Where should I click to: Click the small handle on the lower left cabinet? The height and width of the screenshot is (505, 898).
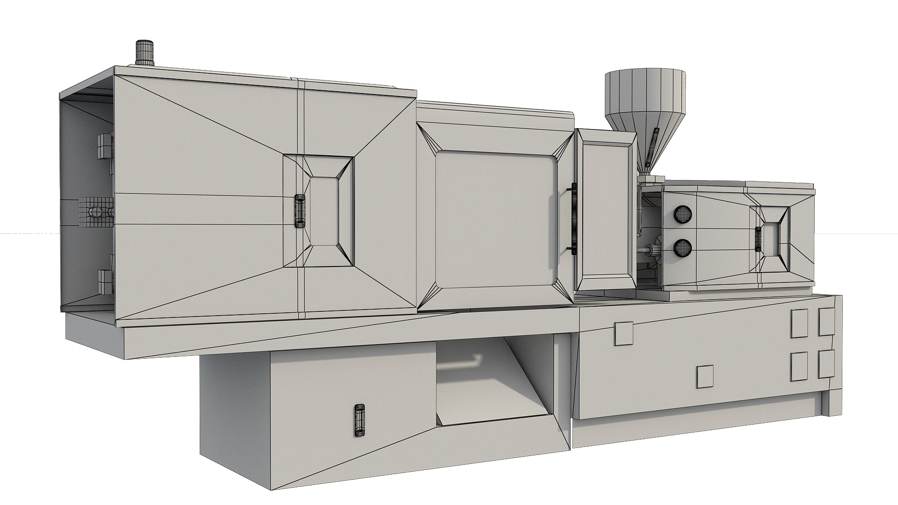pos(359,421)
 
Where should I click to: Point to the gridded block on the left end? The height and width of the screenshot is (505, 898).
pos(96,212)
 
